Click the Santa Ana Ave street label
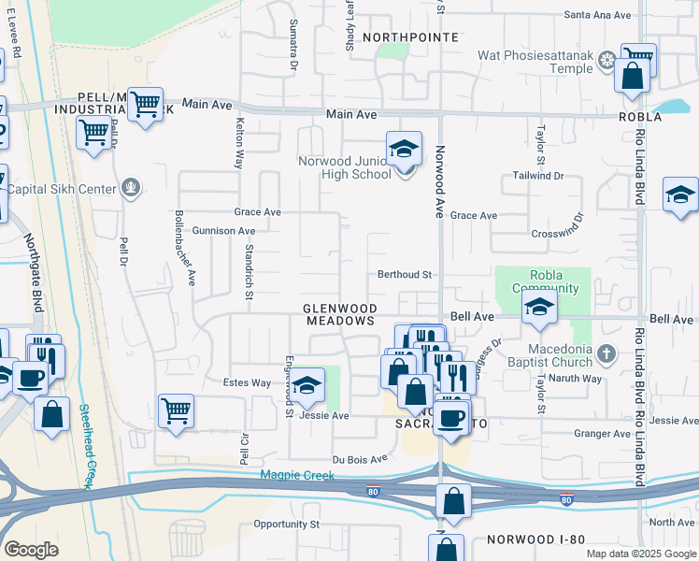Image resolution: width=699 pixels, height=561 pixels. click(x=600, y=15)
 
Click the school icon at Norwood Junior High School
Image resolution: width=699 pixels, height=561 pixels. click(x=404, y=151)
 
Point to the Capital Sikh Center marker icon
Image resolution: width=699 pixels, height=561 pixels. click(x=131, y=190)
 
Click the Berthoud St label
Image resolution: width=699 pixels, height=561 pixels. click(x=403, y=275)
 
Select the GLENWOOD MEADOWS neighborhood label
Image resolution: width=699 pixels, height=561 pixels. click(x=340, y=314)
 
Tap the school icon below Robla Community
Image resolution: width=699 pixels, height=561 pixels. click(x=539, y=308)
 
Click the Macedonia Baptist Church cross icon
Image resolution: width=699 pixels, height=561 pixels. click(x=606, y=353)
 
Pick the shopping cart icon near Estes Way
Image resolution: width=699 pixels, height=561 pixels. click(x=176, y=410)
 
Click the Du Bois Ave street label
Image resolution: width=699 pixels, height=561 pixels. click(x=360, y=459)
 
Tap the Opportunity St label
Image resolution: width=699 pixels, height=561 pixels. click(x=286, y=525)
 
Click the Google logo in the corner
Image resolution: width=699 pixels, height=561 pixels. click(x=31, y=549)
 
